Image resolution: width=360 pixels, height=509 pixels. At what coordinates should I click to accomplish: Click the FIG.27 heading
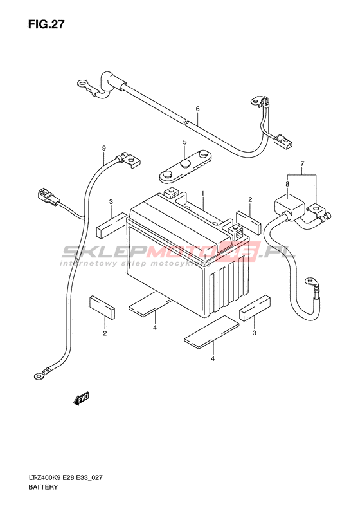coord(46,24)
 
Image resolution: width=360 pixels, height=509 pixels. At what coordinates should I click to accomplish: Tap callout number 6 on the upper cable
coord(197,109)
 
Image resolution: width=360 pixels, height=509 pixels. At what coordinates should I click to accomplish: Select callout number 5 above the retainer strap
coord(184,142)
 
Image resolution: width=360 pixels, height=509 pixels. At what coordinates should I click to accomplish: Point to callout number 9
coord(104,149)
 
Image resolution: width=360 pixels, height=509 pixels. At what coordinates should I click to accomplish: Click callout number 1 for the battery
coord(203,194)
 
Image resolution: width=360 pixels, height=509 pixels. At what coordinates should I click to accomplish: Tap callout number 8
coord(287,184)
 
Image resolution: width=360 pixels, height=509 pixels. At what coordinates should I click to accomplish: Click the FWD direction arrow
coord(81,398)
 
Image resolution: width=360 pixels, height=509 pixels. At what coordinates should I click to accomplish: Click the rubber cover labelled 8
coord(290,207)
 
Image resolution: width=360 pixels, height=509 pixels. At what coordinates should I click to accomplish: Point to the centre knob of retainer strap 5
coord(186,163)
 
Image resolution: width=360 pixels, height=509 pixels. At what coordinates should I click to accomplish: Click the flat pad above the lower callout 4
coord(212,332)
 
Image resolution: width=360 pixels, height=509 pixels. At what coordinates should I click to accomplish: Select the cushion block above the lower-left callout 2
coord(102,307)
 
